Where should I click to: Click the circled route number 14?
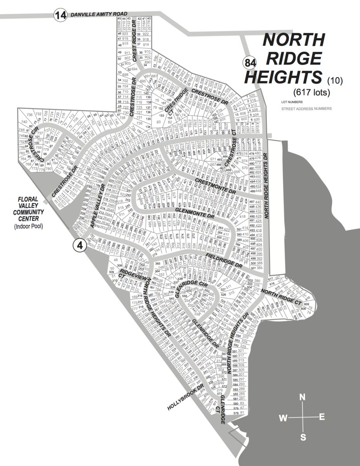coord(61,16)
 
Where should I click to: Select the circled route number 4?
coord(79,245)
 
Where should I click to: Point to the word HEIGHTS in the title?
coord(283,77)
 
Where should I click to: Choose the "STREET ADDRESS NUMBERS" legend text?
coord(306,109)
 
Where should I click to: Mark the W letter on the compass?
coord(283,418)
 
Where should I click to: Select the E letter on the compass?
coord(322,417)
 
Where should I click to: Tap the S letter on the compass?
coord(303,437)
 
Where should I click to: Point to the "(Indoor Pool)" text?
coord(29,226)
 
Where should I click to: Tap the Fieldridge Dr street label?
coord(224,259)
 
